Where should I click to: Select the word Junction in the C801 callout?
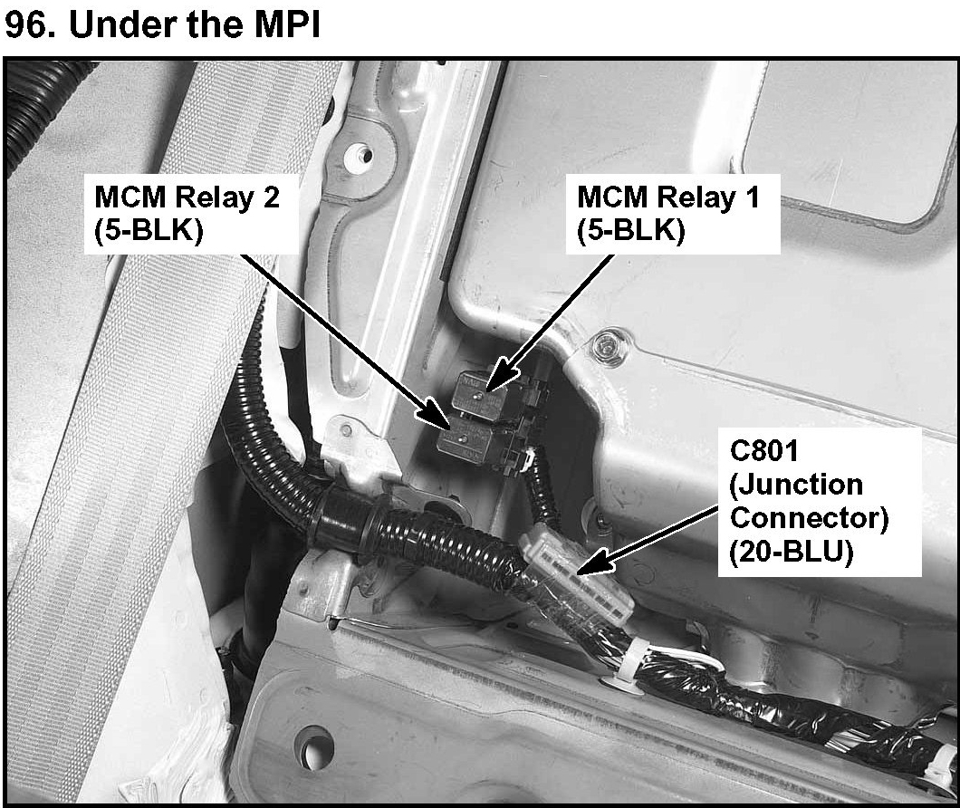pos(796,485)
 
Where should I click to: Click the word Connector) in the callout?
pos(809,518)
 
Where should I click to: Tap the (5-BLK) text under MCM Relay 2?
pos(149,231)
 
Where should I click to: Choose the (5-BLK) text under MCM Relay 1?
pos(631,231)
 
